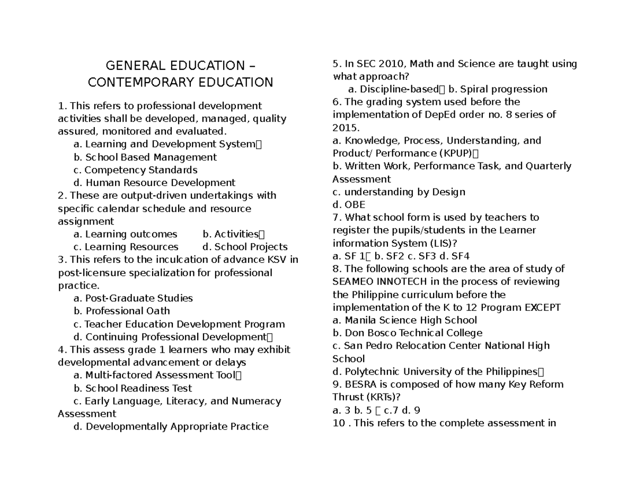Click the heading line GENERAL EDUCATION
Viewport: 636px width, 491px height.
point(180,66)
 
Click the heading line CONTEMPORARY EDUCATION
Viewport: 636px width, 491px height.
point(180,83)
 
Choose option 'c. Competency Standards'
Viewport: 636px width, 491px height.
point(136,170)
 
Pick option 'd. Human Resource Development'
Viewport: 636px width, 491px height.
point(154,183)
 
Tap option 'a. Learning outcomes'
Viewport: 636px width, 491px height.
point(126,234)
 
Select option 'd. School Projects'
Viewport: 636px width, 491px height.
point(245,247)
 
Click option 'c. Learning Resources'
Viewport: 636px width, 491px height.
point(126,247)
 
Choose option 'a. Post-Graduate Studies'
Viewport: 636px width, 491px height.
point(133,298)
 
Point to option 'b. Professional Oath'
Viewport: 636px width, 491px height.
point(122,311)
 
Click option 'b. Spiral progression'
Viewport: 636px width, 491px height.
point(498,89)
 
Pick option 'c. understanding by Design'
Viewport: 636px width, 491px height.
point(399,192)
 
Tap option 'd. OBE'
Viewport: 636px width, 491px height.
point(349,204)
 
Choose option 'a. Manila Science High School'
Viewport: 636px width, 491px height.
point(404,320)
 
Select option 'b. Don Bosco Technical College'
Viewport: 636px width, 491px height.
point(407,333)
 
